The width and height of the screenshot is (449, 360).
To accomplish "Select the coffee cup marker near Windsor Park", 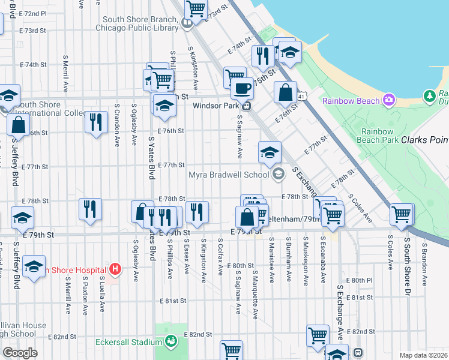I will click(x=242, y=88).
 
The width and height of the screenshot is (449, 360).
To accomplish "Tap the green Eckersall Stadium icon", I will click(x=172, y=342).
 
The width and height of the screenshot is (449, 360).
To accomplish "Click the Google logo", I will click(x=20, y=353).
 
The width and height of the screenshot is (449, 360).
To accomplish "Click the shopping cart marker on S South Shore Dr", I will click(x=400, y=213).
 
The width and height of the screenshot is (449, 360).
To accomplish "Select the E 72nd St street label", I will click(x=34, y=13).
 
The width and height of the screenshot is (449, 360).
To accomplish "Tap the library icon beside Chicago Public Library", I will click(x=187, y=23).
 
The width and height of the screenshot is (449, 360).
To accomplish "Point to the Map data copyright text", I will click(x=424, y=355).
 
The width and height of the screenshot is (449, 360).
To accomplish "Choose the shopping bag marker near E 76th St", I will click(x=285, y=92).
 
